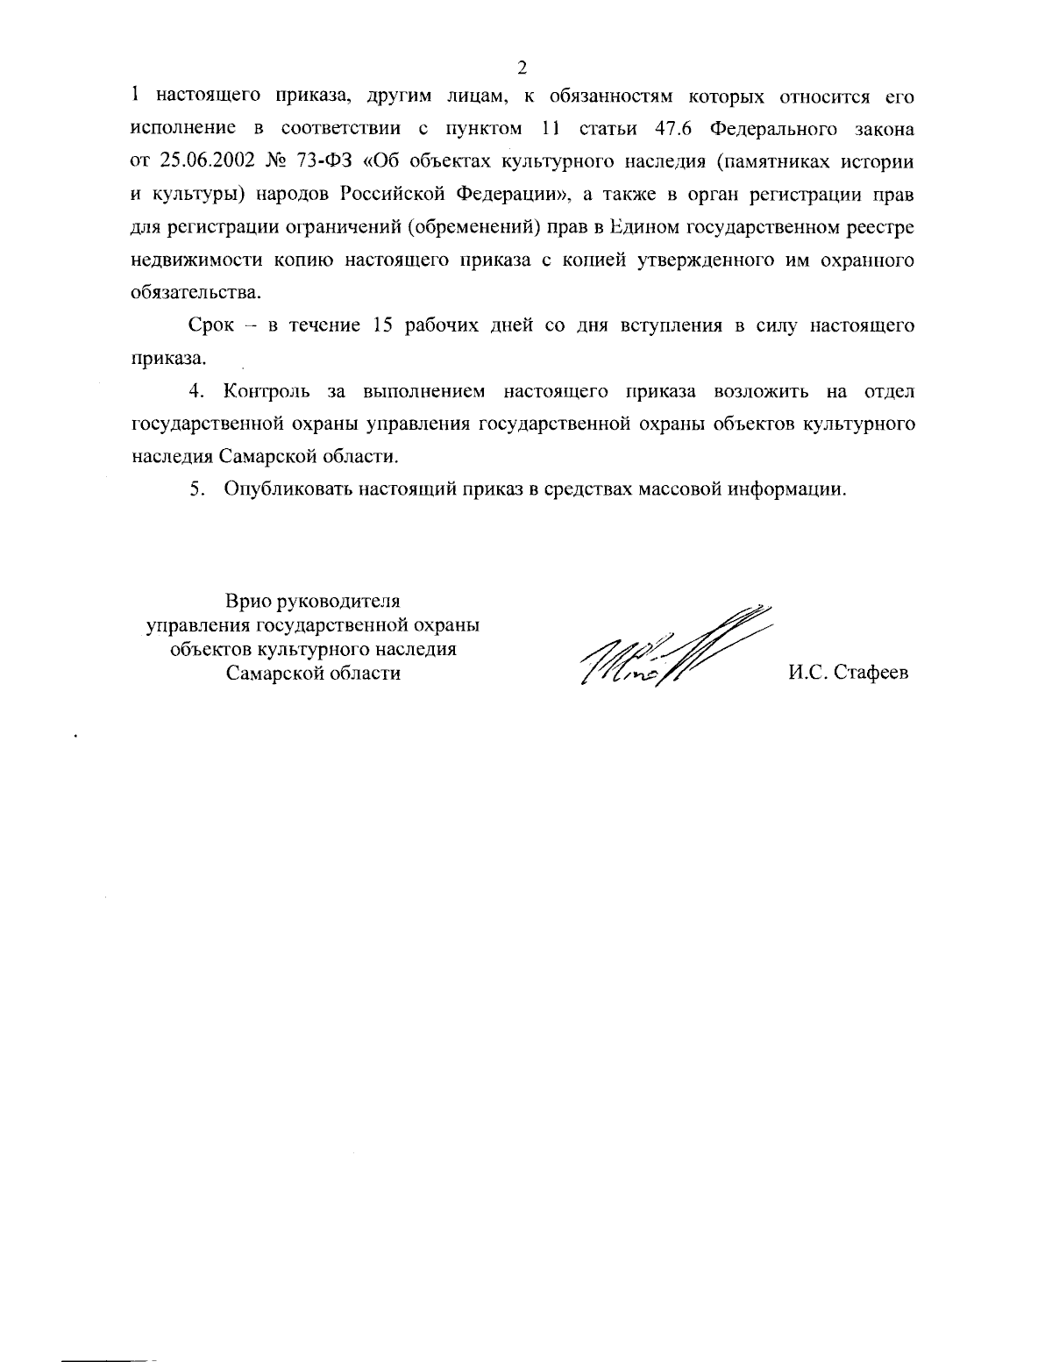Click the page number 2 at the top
pyautogui.click(x=522, y=68)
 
